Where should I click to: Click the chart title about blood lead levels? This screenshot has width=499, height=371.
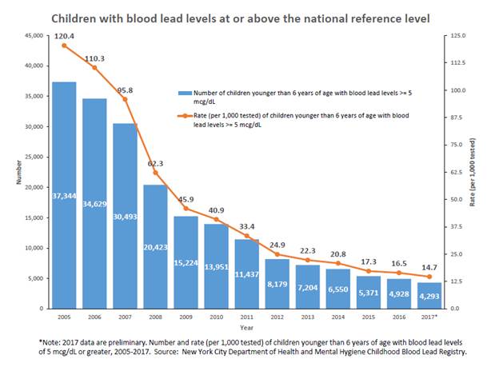[250, 15]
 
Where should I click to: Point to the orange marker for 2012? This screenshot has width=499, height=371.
[277, 254]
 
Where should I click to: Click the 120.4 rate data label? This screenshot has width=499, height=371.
[65, 35]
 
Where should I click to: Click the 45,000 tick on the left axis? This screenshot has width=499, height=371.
[31, 36]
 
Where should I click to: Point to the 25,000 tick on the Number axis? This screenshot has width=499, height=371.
[31, 158]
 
